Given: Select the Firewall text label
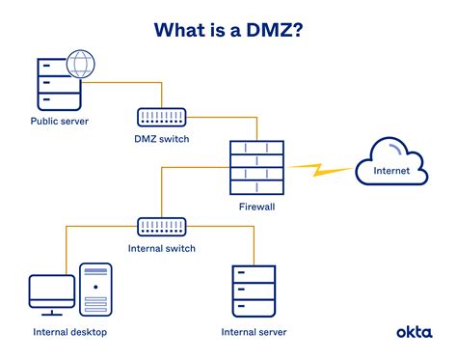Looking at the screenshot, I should click(x=256, y=207).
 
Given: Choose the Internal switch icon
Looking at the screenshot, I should click(x=162, y=227).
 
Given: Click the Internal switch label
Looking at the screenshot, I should click(x=162, y=249).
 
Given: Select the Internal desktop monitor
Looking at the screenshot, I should click(x=51, y=292).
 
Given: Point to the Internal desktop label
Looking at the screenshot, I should click(x=69, y=332).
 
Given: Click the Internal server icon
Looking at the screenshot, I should click(x=254, y=292).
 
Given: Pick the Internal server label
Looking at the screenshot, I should click(x=254, y=332).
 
